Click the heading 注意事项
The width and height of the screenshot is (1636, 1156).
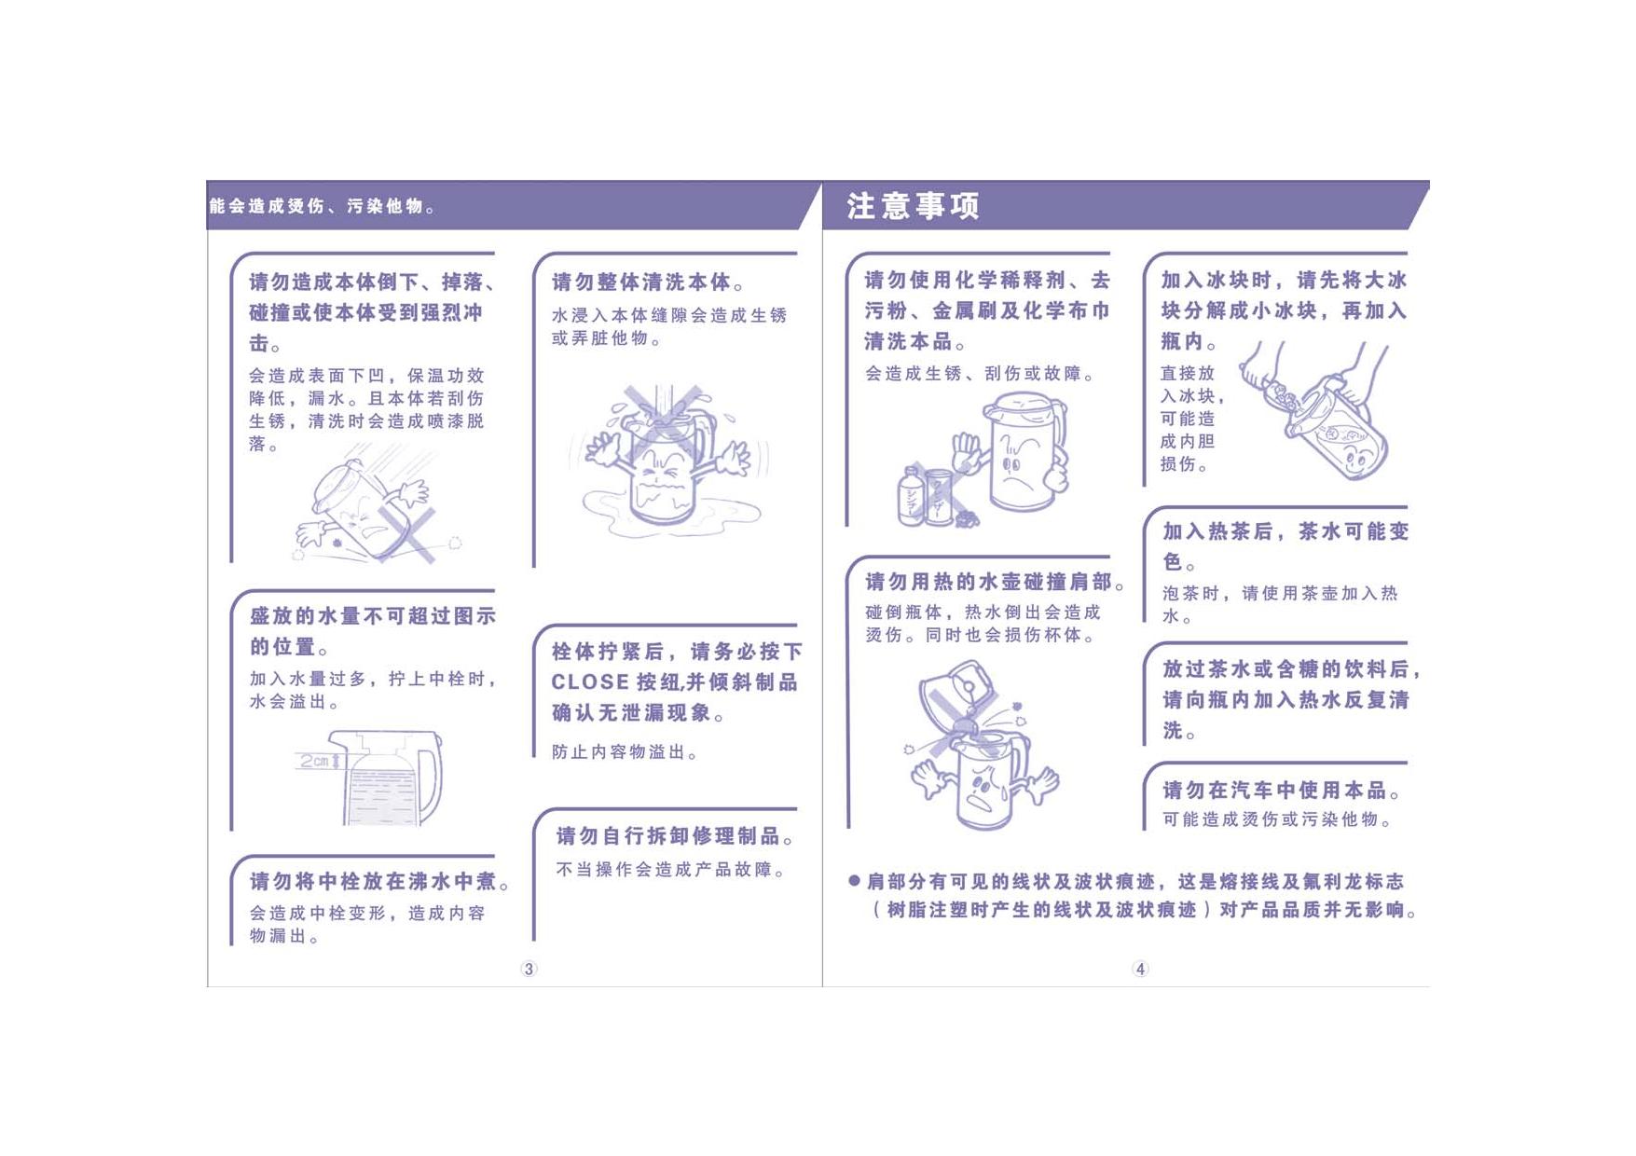point(913,206)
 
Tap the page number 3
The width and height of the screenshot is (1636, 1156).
point(529,969)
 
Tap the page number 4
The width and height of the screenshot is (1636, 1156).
point(1140,969)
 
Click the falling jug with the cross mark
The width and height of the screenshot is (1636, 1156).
point(368,508)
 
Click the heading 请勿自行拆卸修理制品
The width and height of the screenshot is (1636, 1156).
point(675,836)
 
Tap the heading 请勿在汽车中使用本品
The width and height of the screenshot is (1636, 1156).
point(1282,791)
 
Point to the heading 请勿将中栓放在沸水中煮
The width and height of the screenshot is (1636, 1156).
point(379,881)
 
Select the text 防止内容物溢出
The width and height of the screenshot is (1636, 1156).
point(625,751)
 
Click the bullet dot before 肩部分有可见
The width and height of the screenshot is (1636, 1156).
point(854,881)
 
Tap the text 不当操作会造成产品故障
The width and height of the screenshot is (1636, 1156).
point(671,869)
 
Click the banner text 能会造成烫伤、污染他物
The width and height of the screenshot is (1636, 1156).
point(323,206)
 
